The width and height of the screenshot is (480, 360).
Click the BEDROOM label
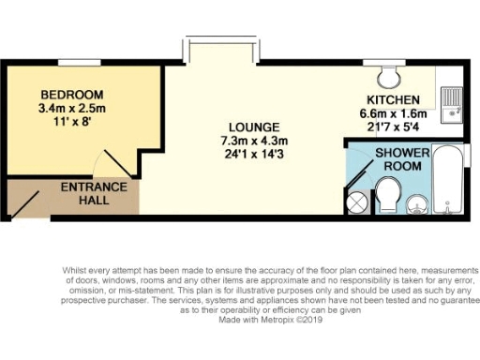[x=71, y=95]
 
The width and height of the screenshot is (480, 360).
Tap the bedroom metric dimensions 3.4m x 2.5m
[x=71, y=108]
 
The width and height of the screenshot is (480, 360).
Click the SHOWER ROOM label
[x=402, y=159]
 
